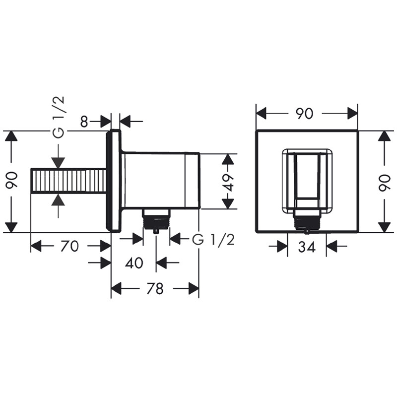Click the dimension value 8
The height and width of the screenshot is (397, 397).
coord(84,122)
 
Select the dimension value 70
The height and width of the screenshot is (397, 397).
coord(70,246)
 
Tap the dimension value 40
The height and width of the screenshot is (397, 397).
coord(134,263)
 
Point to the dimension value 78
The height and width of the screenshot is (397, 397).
coord(155,289)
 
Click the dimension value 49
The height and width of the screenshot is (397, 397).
coord(229,182)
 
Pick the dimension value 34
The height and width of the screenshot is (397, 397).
coord(307,247)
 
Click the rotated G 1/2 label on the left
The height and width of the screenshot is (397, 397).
coord(59,117)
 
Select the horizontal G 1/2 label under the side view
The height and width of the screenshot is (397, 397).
coord(213,240)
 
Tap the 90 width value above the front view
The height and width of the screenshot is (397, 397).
coord(305,114)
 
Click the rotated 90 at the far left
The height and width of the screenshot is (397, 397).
coord(12,180)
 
